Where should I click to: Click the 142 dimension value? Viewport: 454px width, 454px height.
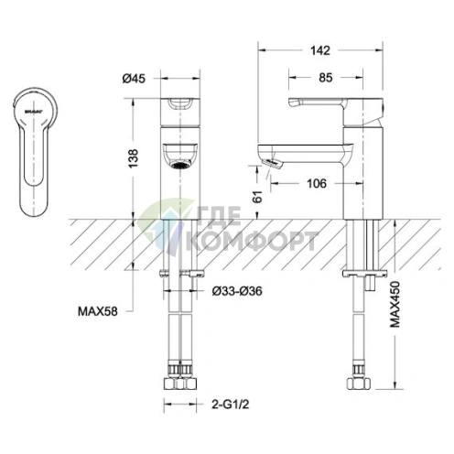320,50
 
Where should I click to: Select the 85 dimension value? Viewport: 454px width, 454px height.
326,78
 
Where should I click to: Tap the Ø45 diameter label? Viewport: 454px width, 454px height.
134,79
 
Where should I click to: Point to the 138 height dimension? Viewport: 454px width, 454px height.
134,158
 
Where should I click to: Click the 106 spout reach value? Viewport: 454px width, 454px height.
317,183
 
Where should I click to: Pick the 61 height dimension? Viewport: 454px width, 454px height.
258,197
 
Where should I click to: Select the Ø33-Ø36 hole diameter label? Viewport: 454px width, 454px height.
237,291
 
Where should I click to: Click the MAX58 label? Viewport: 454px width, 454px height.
98,311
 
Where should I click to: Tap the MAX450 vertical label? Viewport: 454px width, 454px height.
395,304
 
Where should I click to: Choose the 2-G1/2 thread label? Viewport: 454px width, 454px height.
231,405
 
